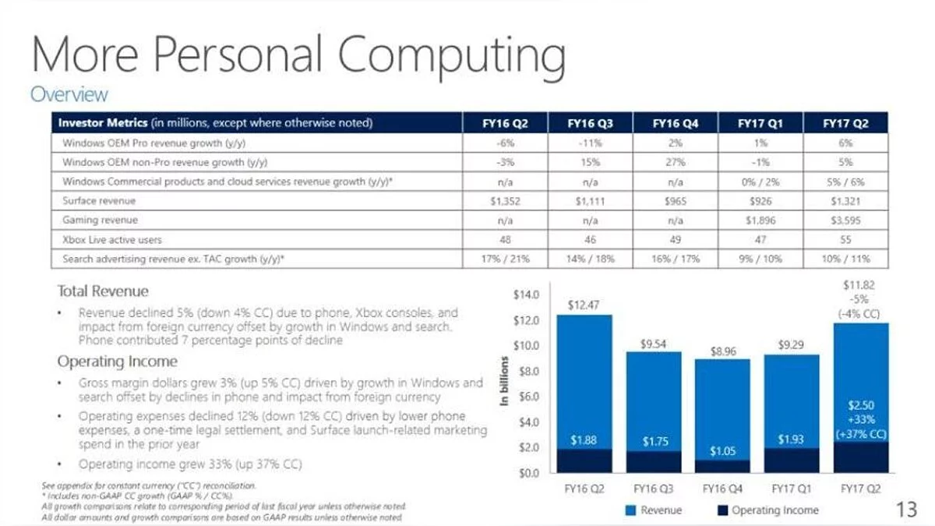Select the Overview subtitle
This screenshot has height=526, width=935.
(69, 95)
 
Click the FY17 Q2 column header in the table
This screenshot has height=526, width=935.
(845, 123)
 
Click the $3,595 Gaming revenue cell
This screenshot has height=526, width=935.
(845, 220)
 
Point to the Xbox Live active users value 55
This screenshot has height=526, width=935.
(845, 239)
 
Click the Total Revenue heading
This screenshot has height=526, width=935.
(102, 291)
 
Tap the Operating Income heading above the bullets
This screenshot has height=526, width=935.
(117, 362)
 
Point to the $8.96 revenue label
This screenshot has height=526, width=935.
(723, 351)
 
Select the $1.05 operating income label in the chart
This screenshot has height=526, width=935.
(723, 451)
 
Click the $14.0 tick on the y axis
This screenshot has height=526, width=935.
(527, 295)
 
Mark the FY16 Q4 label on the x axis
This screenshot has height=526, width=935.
(723, 489)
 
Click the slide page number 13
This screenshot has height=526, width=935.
(907, 510)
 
